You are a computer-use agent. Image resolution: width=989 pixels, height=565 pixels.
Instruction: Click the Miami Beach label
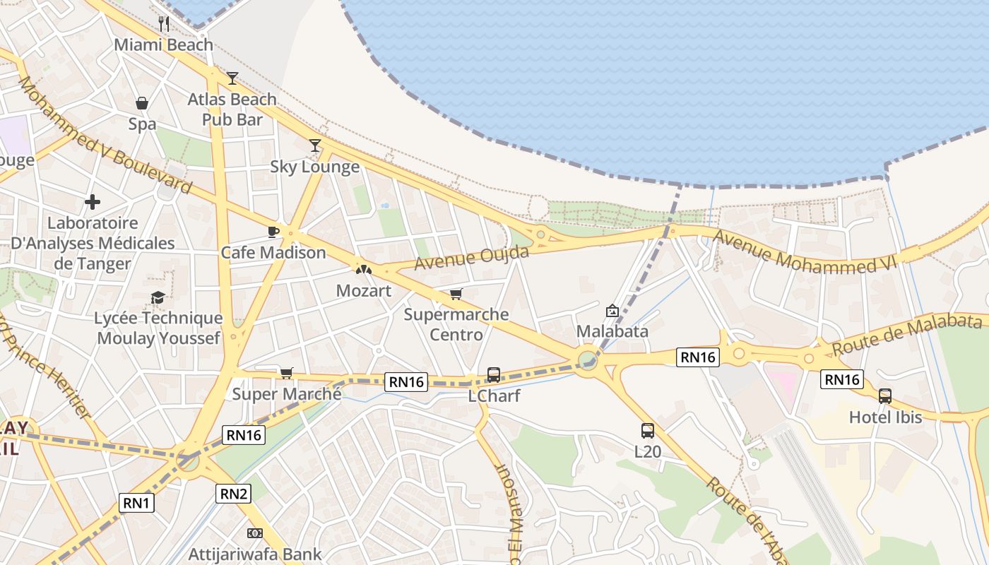point(163,44)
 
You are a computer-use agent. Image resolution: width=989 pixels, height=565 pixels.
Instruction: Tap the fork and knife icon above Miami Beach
point(164,23)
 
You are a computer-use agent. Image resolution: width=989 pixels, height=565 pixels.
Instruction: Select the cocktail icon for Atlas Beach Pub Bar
point(232,78)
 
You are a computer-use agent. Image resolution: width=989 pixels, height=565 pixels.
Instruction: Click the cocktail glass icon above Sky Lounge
point(315,145)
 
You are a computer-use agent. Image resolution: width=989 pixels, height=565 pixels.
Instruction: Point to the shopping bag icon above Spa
point(142,103)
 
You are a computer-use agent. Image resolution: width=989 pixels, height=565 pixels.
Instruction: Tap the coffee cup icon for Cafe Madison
point(273,231)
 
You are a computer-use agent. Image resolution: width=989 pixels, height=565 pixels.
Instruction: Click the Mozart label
point(363,290)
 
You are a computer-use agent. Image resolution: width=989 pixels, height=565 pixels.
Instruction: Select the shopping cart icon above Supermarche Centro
point(456,294)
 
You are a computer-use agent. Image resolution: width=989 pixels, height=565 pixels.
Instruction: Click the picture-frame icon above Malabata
point(612,310)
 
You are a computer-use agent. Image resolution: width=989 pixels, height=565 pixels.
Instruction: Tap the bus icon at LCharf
point(494,374)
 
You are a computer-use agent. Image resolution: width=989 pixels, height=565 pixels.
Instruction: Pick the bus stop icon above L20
point(647,430)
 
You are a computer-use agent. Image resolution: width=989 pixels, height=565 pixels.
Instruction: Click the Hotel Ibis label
point(885,417)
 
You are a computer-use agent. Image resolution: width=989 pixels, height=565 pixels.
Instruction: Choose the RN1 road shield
point(136,503)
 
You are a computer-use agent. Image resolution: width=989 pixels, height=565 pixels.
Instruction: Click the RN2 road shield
point(233,494)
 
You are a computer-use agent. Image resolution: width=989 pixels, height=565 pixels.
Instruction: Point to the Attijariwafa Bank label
point(254,554)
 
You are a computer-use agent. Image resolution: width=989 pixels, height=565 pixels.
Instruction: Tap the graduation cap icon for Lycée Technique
point(158,298)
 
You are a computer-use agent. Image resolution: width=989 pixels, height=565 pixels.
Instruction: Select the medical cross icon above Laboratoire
point(93,203)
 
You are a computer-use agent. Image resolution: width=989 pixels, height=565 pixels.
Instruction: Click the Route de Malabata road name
point(906,334)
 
